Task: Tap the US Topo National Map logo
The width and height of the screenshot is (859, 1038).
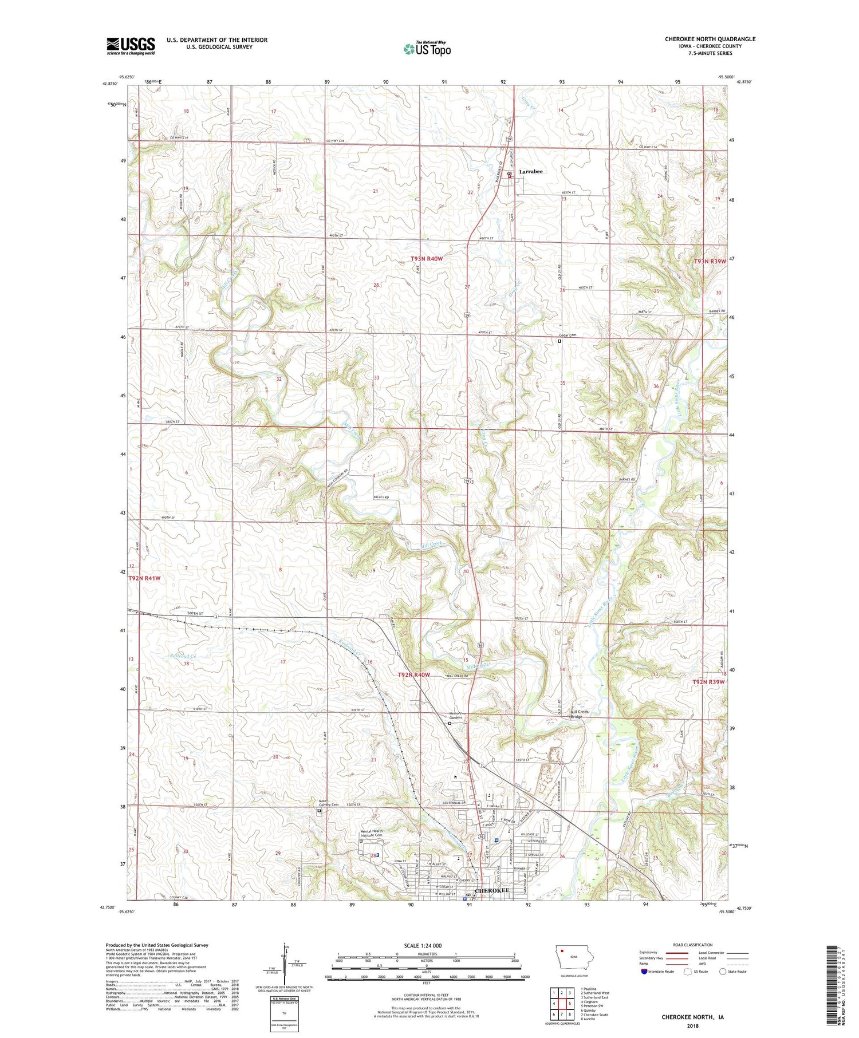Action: pyautogui.click(x=427, y=49)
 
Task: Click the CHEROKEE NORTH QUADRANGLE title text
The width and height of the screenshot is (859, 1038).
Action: pyautogui.click(x=710, y=39)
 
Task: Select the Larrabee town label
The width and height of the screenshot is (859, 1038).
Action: pyautogui.click(x=531, y=171)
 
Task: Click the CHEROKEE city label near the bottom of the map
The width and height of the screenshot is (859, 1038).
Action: pyautogui.click(x=492, y=891)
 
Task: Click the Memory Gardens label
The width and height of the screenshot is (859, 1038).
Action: pyautogui.click(x=455, y=716)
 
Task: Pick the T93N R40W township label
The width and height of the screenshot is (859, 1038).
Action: pyautogui.click(x=427, y=259)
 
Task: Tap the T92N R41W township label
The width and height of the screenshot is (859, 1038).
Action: pyautogui.click(x=144, y=578)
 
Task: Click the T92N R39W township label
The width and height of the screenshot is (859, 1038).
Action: pyautogui.click(x=708, y=682)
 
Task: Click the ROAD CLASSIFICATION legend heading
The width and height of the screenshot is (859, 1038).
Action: pyautogui.click(x=692, y=945)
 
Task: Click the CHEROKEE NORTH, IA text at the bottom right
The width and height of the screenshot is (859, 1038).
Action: pyautogui.click(x=692, y=1017)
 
